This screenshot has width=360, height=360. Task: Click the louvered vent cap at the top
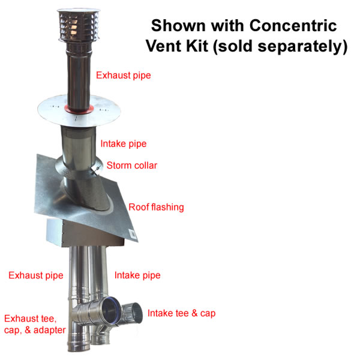click(79, 26)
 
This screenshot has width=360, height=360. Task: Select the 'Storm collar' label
click(132, 166)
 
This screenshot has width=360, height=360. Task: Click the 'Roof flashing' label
click(156, 207)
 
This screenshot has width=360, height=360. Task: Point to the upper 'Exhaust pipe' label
click(123, 76)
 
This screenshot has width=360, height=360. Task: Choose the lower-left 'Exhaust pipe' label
click(36, 275)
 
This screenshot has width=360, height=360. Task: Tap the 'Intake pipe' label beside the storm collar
click(124, 144)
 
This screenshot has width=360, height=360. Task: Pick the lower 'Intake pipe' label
click(137, 275)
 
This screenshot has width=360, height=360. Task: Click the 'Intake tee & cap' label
click(181, 313)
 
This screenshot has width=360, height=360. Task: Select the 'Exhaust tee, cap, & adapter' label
click(35, 325)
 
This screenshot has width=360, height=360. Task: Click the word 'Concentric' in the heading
click(293, 25)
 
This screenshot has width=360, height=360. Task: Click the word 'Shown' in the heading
click(178, 25)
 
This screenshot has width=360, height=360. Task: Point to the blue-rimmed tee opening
click(110, 310)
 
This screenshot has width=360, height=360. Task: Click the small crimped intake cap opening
click(135, 313)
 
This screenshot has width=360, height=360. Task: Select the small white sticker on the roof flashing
click(133, 234)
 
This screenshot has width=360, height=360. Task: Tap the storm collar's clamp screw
click(96, 169)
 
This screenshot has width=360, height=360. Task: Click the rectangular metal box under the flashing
click(85, 233)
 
